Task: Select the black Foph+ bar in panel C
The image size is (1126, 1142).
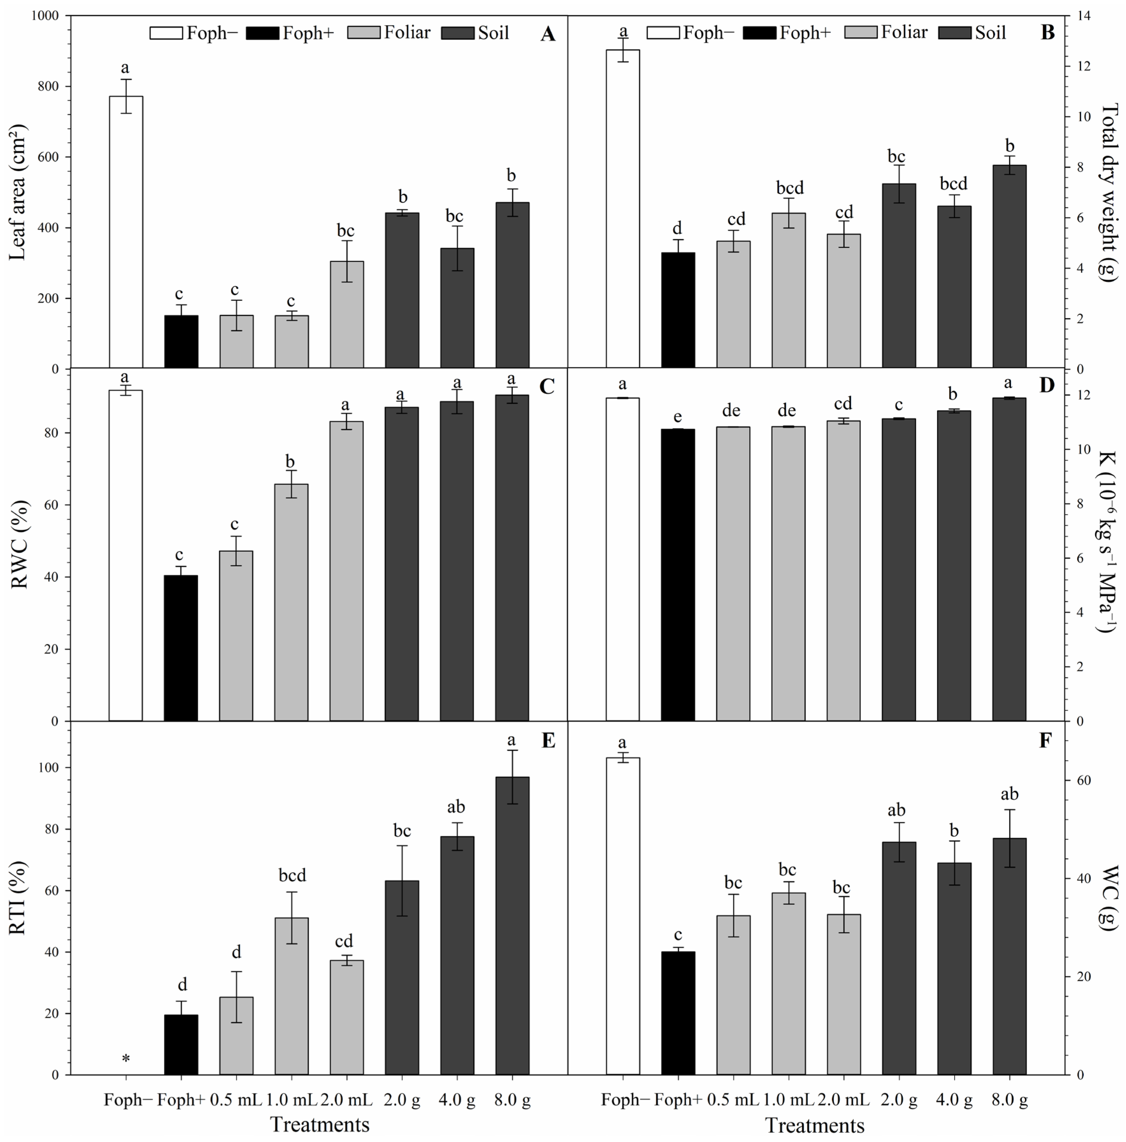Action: (x=181, y=648)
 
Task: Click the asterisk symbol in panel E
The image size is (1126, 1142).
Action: (x=126, y=1059)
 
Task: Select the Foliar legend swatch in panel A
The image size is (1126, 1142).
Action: (x=363, y=33)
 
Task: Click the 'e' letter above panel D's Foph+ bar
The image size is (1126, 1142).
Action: (x=678, y=418)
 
